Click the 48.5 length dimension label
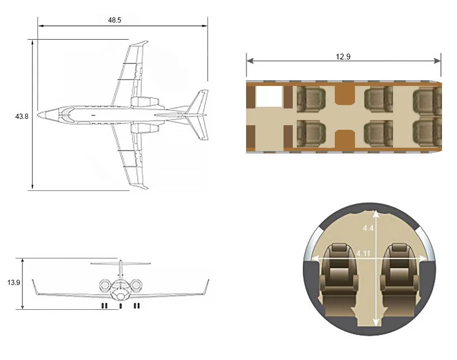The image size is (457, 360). coord(115,19)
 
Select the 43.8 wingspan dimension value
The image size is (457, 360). coord(22,117)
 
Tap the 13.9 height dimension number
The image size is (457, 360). coord(14,283)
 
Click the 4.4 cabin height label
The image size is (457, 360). coord(368,228)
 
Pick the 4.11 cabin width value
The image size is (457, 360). coord(363,253)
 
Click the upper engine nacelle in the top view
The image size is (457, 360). coord(145,102)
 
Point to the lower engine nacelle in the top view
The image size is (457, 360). coord(145,127)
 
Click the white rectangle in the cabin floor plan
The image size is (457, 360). coord(269,97)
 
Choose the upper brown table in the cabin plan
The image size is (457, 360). coord(344,96)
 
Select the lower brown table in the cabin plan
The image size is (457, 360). coord(344,138)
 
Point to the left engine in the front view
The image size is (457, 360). coord(105,285)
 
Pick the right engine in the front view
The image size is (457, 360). coord(137,285)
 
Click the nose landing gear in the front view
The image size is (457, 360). coord(120,306)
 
